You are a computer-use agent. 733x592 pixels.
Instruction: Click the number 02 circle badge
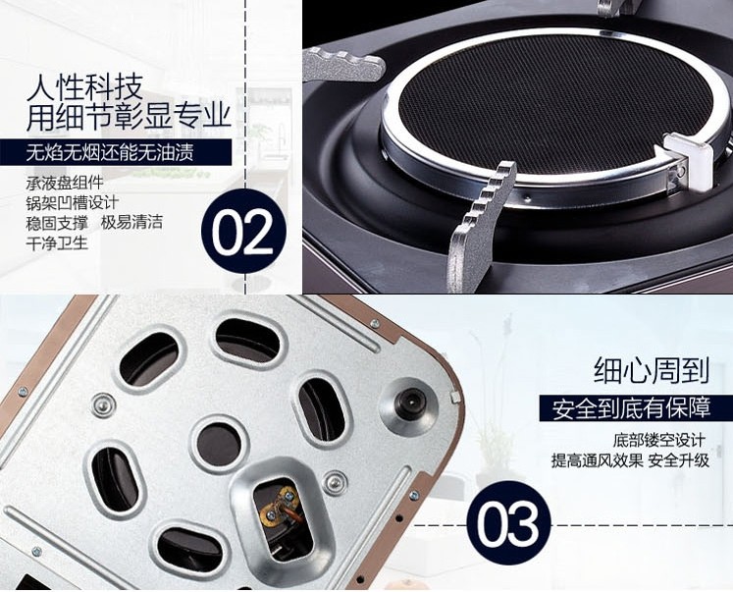point(243,232)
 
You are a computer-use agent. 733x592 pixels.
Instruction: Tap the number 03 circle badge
point(509,523)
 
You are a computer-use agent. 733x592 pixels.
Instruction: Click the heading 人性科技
point(84,87)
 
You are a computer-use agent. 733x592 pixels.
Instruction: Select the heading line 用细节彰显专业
point(129,117)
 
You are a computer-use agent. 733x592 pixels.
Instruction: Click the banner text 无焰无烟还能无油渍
point(110,152)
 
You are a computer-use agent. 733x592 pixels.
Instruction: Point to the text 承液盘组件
point(65,183)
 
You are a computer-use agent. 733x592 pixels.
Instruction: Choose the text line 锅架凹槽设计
point(73,203)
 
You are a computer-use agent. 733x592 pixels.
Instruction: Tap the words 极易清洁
point(131,222)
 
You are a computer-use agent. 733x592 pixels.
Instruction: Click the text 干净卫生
point(57,243)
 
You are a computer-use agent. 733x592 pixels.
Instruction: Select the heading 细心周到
point(652,370)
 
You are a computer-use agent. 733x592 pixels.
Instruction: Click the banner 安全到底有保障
point(631,408)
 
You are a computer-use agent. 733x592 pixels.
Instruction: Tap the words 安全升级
point(679,461)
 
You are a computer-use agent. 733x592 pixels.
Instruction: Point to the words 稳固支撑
point(57,222)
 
